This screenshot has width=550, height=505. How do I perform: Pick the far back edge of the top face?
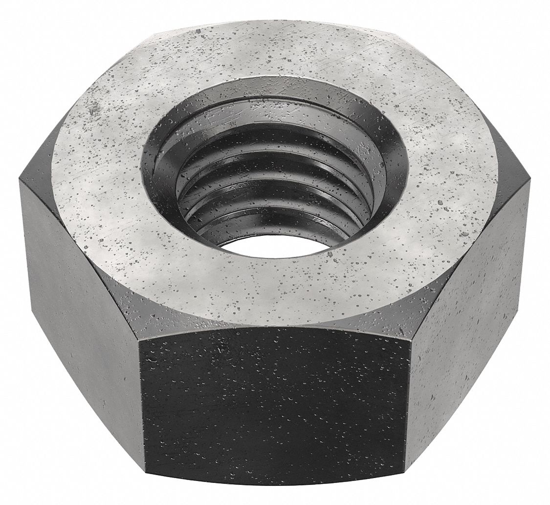[x=274, y=22]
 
